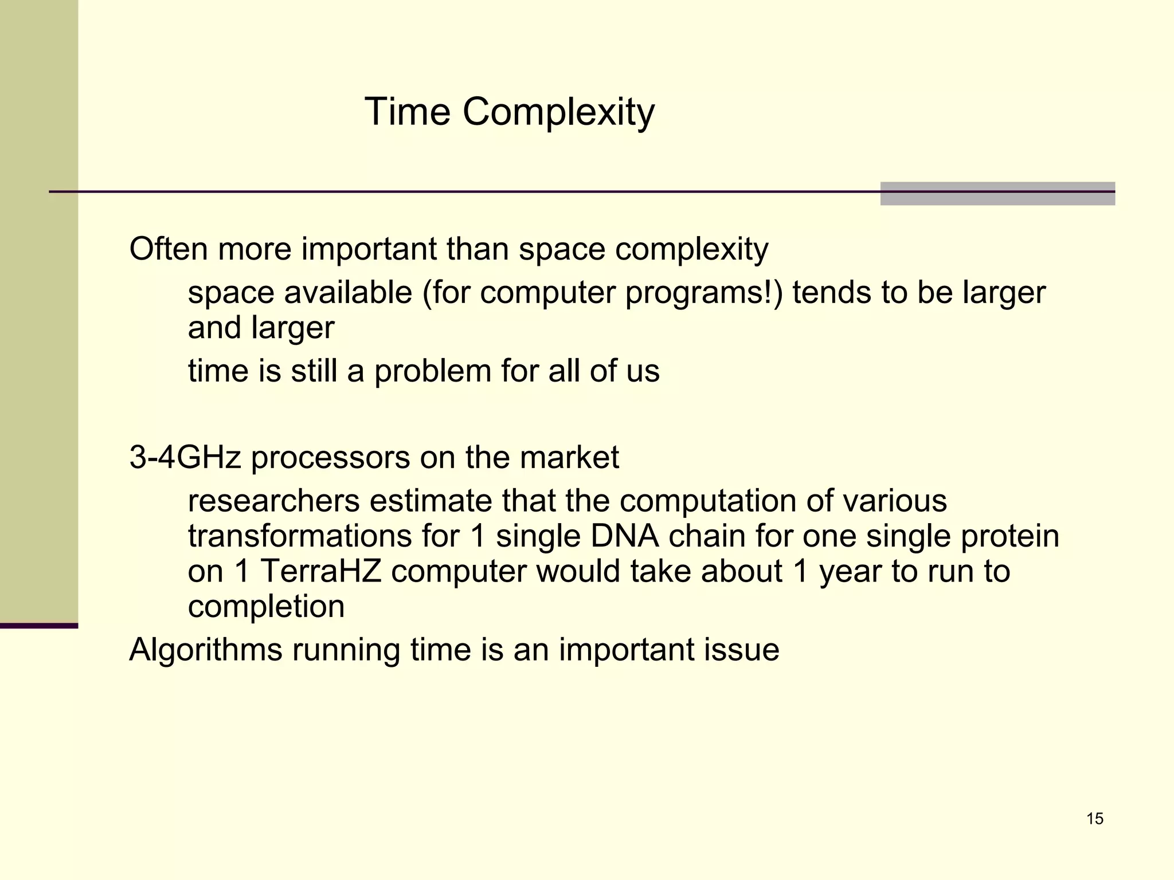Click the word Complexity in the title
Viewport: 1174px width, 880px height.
pos(558,112)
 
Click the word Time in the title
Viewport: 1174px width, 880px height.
pos(407,112)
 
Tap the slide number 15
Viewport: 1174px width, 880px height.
pos(1094,819)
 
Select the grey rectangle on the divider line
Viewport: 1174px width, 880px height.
pos(997,194)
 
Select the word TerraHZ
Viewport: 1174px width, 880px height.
pos(321,571)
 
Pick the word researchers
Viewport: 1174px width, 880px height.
pos(273,501)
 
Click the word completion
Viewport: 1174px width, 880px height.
pos(266,607)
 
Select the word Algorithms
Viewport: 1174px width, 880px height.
pos(206,650)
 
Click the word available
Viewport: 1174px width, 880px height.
pos(348,293)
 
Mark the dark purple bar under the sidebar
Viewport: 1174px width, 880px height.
pos(39,626)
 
